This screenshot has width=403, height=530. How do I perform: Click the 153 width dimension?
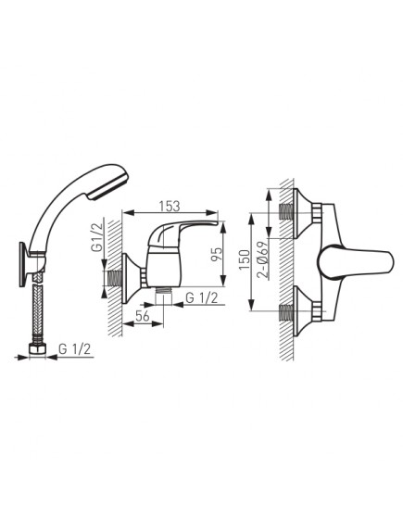170,206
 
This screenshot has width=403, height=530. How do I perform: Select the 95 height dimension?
218,254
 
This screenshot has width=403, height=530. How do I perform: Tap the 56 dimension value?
143,316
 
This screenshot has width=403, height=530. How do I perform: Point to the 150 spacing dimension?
245,259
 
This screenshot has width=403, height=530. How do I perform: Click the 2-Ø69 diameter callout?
262,259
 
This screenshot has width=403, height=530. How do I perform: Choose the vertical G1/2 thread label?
96,238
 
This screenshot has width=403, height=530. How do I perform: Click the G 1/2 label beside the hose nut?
75,349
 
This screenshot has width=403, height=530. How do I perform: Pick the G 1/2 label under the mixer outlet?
202,298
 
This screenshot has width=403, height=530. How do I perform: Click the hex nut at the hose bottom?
37,349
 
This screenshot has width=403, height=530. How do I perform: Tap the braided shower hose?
38,311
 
